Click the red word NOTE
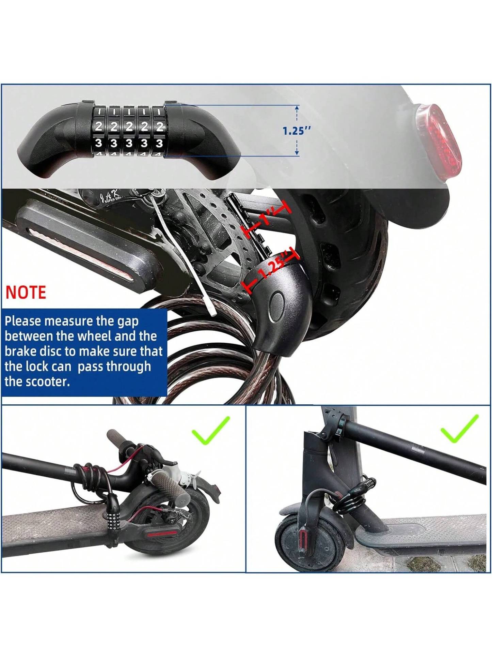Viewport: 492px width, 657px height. click(26, 293)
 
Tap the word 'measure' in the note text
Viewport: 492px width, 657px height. click(67, 321)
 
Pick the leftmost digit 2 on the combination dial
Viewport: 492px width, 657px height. click(98, 126)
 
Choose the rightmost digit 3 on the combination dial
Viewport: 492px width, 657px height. click(159, 143)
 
